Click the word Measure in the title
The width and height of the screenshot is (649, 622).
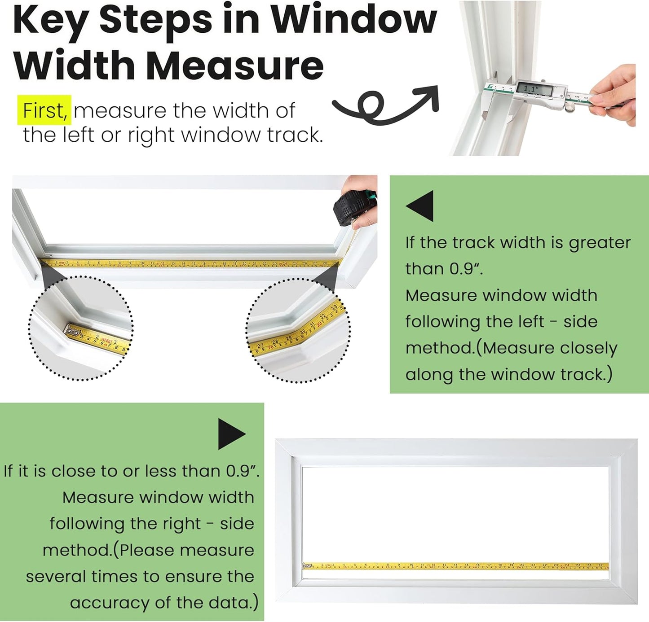pyautogui.click(x=234, y=66)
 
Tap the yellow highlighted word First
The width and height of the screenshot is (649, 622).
pyautogui.click(x=44, y=110)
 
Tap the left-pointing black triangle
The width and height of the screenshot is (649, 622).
pyautogui.click(x=421, y=206)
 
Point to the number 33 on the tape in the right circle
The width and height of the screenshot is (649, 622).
pyautogui.click(x=334, y=307)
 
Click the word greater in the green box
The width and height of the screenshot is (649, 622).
pyautogui.click(x=600, y=243)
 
